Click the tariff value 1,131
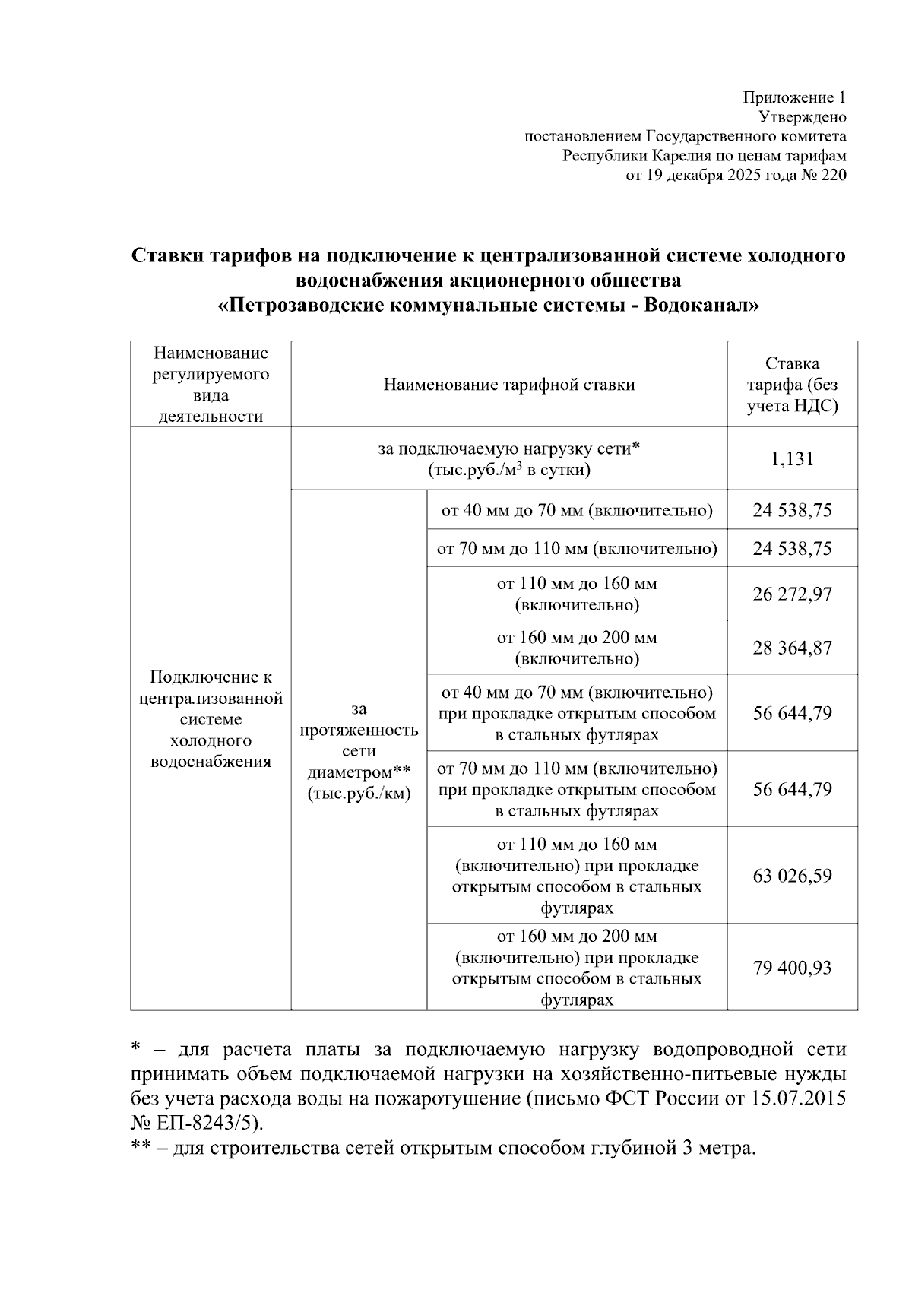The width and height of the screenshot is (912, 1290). coord(792,458)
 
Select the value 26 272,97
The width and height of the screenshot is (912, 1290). coord(792,594)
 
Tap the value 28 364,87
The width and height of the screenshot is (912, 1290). coord(792,648)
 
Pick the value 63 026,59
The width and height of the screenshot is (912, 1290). coord(792,876)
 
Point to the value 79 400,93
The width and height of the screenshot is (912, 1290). coord(792,968)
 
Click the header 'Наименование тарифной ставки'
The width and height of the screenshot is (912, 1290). coord(508,385)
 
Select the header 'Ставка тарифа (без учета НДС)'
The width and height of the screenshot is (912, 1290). coord(792,385)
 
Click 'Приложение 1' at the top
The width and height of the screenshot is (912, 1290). coord(793,97)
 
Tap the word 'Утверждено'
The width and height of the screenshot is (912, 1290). coord(803,117)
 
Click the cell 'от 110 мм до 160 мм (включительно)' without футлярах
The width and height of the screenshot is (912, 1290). coord(576,594)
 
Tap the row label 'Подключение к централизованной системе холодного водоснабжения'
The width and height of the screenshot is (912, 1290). coord(211,719)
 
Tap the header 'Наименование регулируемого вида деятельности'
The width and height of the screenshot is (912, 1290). coord(211,385)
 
